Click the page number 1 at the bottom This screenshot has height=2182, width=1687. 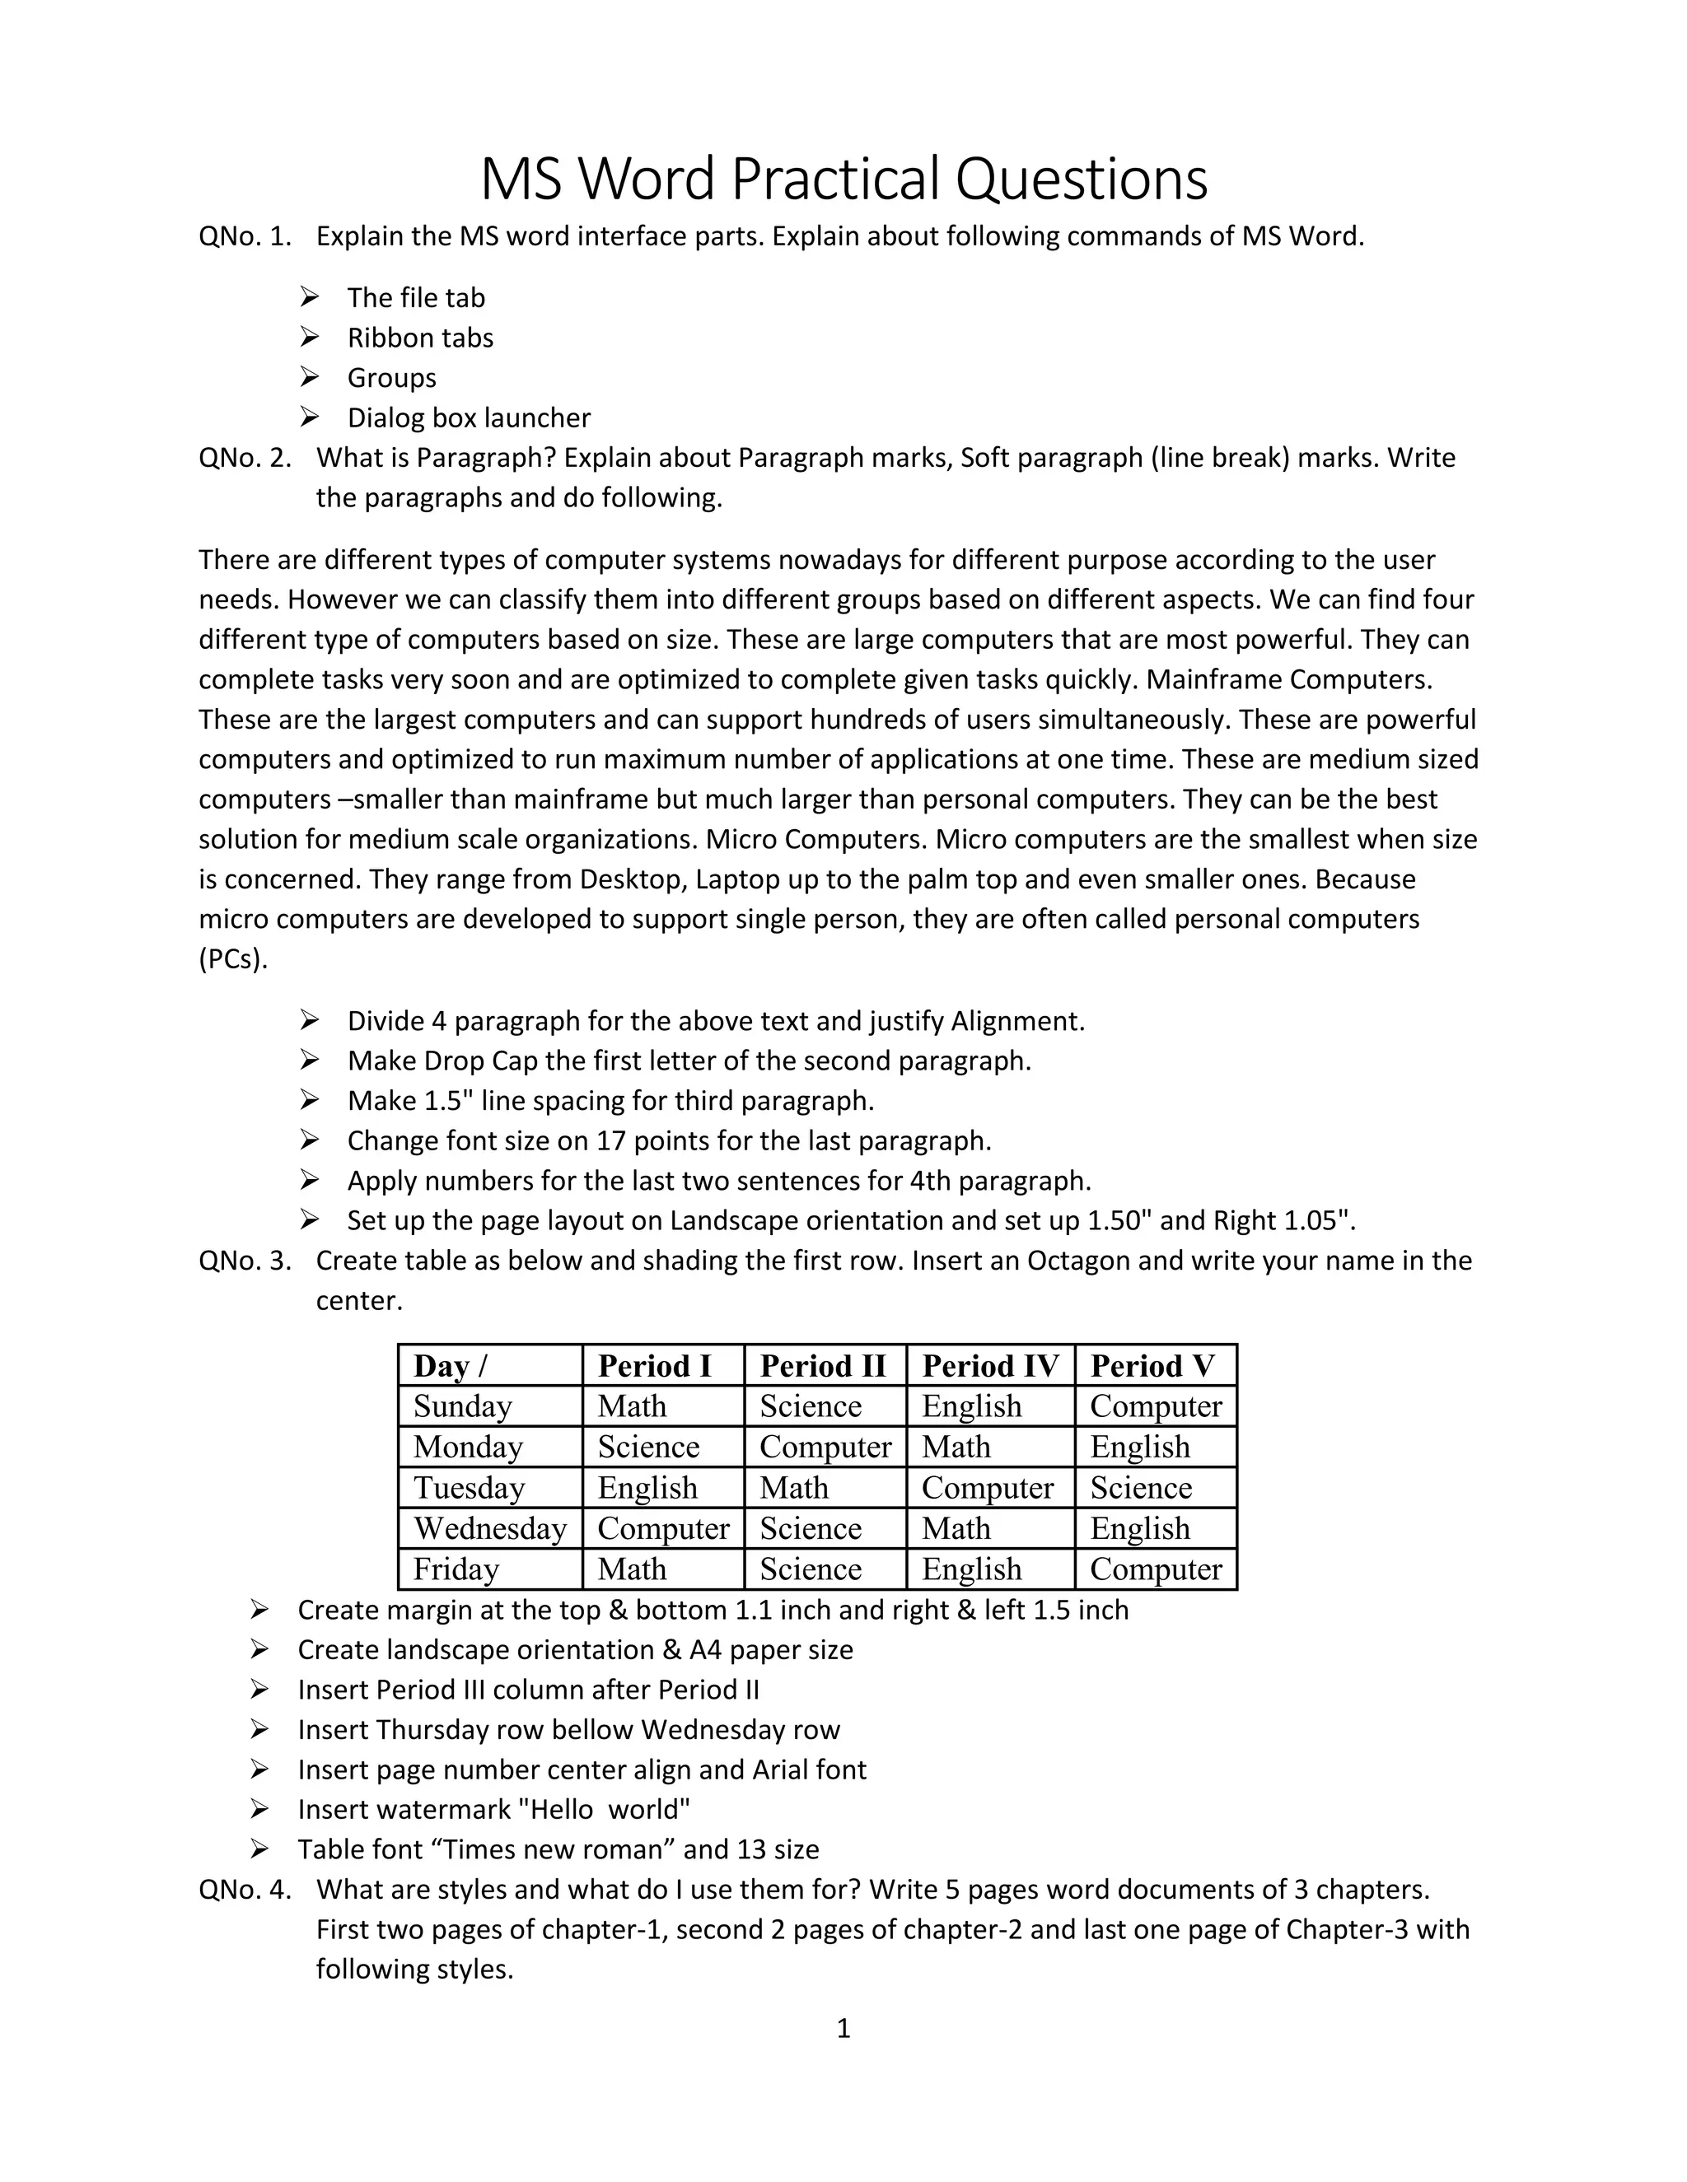[x=843, y=2028]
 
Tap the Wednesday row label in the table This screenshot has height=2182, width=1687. [x=490, y=1528]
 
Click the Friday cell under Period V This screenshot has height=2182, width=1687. [x=1156, y=1569]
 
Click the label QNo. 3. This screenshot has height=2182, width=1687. [x=245, y=1261]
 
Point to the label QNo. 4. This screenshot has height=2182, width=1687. [x=245, y=1889]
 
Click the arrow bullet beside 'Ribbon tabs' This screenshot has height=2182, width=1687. [x=309, y=337]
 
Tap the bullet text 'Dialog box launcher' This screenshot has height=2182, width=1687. [x=469, y=417]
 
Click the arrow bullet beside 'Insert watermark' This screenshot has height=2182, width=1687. [x=259, y=1808]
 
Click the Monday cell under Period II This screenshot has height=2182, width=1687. [x=825, y=1447]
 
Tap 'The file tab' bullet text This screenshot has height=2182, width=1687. [x=416, y=298]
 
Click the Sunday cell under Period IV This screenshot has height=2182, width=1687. [x=971, y=1406]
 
